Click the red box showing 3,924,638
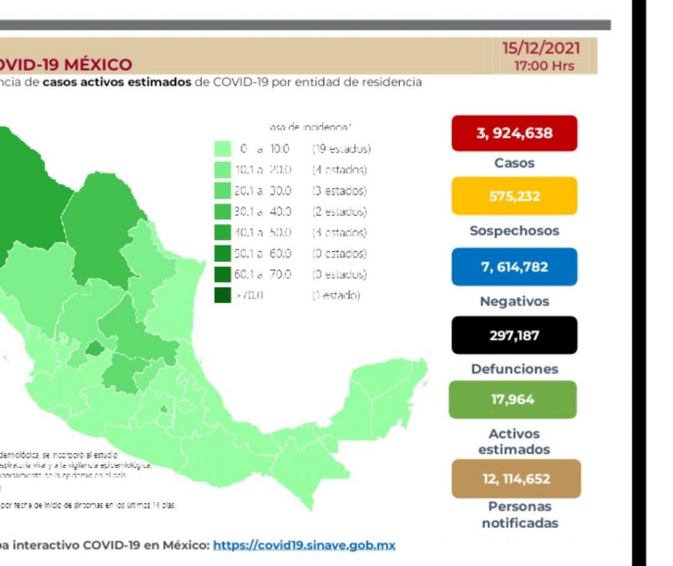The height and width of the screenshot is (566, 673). tap(514, 133)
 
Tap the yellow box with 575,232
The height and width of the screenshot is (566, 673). tap(514, 196)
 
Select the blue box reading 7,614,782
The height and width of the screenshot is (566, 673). tap(514, 266)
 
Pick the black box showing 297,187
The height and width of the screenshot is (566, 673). tap(514, 335)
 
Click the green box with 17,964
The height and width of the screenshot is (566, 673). tap(513, 399)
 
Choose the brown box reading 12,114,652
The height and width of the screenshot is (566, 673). tap(516, 479)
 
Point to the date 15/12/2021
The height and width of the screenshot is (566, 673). tap(541, 49)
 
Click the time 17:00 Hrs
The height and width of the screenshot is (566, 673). tap(544, 66)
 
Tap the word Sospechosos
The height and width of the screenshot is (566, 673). tap(514, 231)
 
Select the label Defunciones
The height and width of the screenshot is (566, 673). tap(514, 369)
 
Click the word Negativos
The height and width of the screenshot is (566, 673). tap(514, 302)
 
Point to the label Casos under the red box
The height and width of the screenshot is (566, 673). tap(514, 163)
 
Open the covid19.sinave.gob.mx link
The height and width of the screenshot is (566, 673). tap(304, 545)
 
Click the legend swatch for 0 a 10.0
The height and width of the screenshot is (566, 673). tap(223, 149)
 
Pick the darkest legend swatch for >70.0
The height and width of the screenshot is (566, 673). tap(223, 295)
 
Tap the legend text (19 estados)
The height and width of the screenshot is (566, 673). tap(341, 149)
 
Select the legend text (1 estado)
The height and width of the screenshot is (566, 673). tap(336, 295)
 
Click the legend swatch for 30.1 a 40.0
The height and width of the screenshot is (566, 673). tap(223, 212)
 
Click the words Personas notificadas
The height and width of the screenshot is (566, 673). tap(519, 515)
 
